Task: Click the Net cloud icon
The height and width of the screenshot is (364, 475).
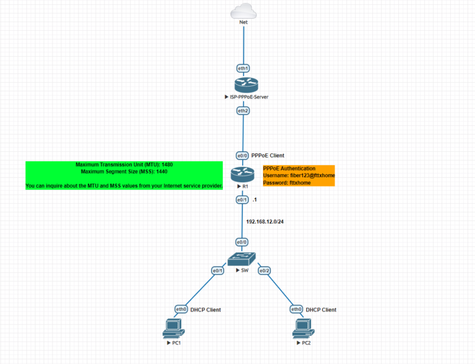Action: [243, 12]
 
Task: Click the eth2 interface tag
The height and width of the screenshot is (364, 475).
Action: [243, 111]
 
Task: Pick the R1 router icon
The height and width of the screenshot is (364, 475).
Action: [242, 174]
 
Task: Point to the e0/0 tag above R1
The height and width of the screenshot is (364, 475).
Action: [242, 156]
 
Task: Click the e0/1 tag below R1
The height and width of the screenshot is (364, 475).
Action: [242, 200]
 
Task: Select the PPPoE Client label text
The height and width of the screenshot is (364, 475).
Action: [268, 156]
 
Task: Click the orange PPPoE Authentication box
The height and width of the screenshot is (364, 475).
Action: [299, 176]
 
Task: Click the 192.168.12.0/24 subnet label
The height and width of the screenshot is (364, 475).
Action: [265, 221]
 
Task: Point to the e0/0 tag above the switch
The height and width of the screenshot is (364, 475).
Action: [242, 242]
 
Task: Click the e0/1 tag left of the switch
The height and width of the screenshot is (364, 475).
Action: [218, 271]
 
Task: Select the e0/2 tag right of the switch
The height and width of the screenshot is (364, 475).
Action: [264, 271]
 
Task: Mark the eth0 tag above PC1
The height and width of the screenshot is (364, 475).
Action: [181, 309]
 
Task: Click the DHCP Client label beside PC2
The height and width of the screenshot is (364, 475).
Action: [321, 310]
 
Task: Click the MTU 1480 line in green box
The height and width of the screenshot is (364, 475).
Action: [124, 165]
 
